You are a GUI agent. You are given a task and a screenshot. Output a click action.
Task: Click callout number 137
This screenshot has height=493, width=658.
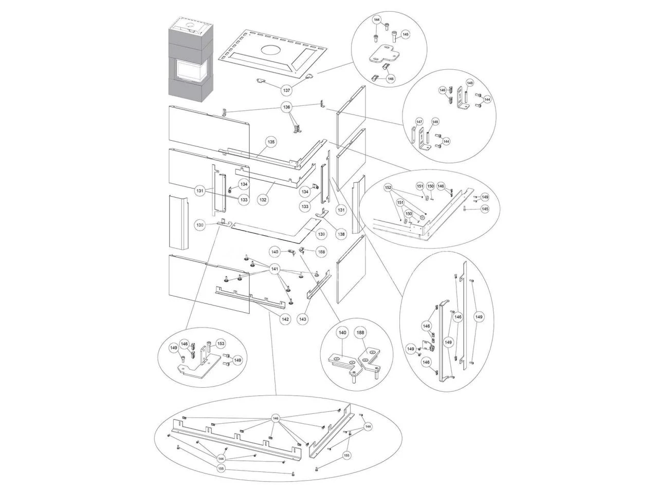286,90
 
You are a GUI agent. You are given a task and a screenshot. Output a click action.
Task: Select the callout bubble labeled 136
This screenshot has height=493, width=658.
286,107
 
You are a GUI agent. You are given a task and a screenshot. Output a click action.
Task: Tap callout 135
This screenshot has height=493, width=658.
271,142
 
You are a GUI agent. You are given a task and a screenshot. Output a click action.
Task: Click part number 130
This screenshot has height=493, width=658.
200,225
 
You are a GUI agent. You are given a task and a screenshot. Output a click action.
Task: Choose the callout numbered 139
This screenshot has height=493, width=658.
321,234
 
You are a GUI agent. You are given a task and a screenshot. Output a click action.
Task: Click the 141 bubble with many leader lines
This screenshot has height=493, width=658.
275,269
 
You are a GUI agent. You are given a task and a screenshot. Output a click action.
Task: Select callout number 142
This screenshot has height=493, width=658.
285,319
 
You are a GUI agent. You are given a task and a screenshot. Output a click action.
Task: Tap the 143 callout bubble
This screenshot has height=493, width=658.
303,319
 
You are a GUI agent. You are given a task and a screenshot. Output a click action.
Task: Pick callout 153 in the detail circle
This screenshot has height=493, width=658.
221,343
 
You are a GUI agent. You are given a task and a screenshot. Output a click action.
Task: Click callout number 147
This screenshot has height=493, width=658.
419,122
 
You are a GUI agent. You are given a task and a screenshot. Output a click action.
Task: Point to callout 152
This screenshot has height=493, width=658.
388,187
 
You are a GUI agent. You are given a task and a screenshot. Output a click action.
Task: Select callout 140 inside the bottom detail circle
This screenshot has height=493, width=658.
342,333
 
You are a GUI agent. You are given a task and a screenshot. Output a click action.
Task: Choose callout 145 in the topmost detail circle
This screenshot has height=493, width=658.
406,34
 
